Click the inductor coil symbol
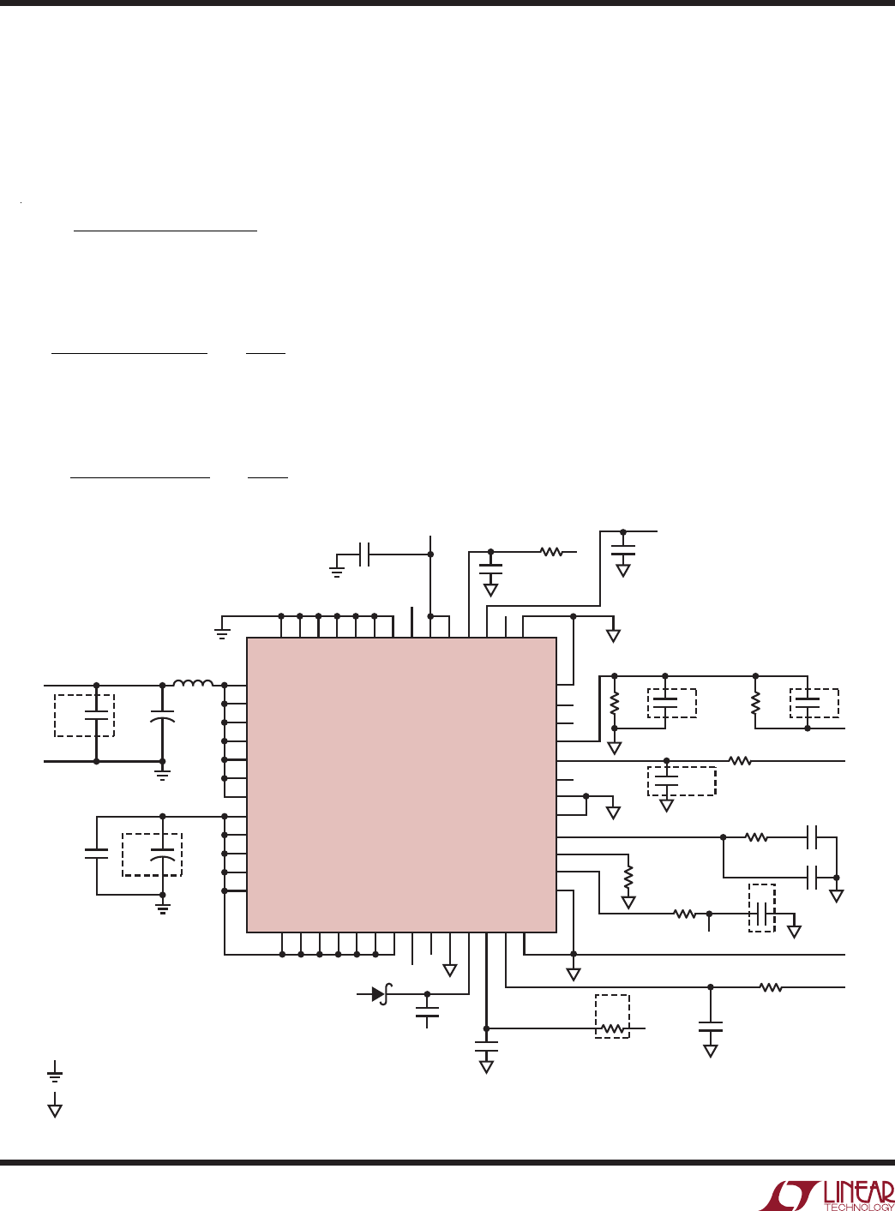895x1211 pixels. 193,682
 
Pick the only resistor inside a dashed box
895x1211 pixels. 612,1029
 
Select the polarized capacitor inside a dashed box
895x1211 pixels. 162,855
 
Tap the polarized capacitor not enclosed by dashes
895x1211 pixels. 162,716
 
